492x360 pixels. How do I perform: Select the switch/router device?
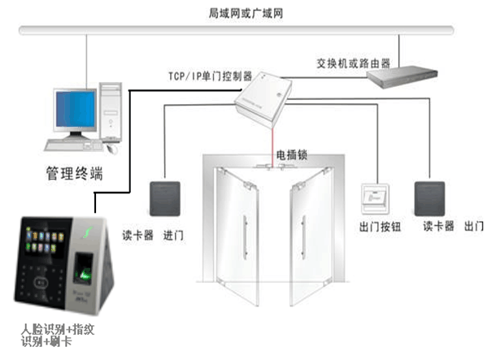pyautogui.click(x=402, y=76)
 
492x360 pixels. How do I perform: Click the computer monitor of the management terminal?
pyautogui.click(x=78, y=108)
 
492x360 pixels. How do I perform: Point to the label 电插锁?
pyautogui.click(x=290, y=153)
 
